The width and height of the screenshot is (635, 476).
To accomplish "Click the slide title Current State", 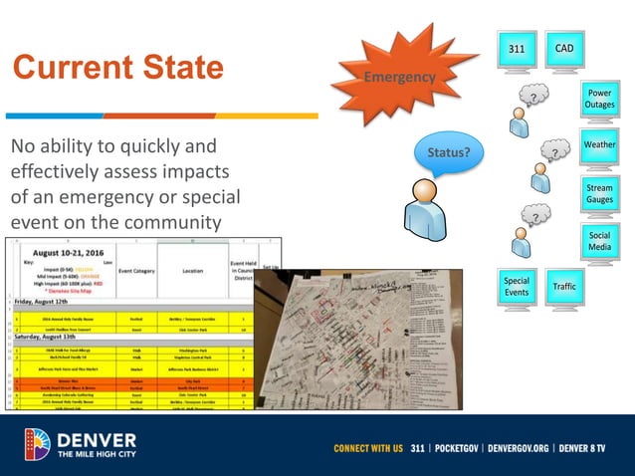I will coord(117,68).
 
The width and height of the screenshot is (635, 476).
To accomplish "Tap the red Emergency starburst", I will coord(398,77).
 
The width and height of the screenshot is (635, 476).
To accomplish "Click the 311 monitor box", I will coord(517,49).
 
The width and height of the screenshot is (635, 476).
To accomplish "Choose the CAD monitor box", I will coord(563,49).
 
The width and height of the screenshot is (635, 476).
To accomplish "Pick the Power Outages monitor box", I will coord(599,100).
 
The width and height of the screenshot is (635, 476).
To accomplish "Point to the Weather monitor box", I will coord(599,145).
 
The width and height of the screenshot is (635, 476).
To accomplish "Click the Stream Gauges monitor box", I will coord(599,192).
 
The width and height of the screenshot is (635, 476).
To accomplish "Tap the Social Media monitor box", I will coord(599,240).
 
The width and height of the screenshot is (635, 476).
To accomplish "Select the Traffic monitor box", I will coord(563,287).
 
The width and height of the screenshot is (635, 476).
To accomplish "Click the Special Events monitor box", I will coord(517,287).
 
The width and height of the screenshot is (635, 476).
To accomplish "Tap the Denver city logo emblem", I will coord(37,444).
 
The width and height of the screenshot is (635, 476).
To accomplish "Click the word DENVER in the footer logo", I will coord(97,438).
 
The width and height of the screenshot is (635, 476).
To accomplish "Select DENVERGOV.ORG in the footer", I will coord(521,448).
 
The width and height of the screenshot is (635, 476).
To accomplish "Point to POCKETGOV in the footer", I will coord(445,448).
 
